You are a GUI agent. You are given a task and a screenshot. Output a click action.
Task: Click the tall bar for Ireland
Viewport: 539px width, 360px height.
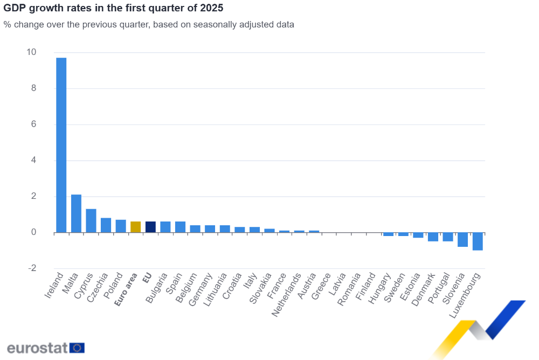coord(61,145)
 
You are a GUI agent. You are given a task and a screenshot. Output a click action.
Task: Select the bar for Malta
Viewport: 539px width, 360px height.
coord(76,213)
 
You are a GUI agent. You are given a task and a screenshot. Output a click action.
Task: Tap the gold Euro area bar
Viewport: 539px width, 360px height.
coord(135,227)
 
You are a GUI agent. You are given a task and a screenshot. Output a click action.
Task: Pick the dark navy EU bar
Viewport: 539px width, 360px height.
coord(150,227)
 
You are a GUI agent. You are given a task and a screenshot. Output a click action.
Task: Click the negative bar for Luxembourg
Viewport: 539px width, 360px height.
coord(477,241)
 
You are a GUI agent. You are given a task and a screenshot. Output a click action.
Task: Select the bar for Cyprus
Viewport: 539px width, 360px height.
coord(91,220)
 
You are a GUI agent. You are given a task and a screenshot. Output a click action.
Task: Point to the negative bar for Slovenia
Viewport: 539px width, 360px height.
coord(462,240)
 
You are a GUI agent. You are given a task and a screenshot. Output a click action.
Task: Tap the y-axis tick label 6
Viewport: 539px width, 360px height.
coord(33,124)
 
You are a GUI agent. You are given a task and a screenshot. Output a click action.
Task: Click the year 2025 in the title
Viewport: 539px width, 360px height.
coord(212,8)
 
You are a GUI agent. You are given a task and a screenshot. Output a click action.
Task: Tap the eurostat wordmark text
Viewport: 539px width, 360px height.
coord(37,348)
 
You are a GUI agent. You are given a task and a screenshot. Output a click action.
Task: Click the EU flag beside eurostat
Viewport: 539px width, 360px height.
coord(77,348)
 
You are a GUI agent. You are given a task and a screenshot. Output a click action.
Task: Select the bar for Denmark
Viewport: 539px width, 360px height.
coord(433,237)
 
